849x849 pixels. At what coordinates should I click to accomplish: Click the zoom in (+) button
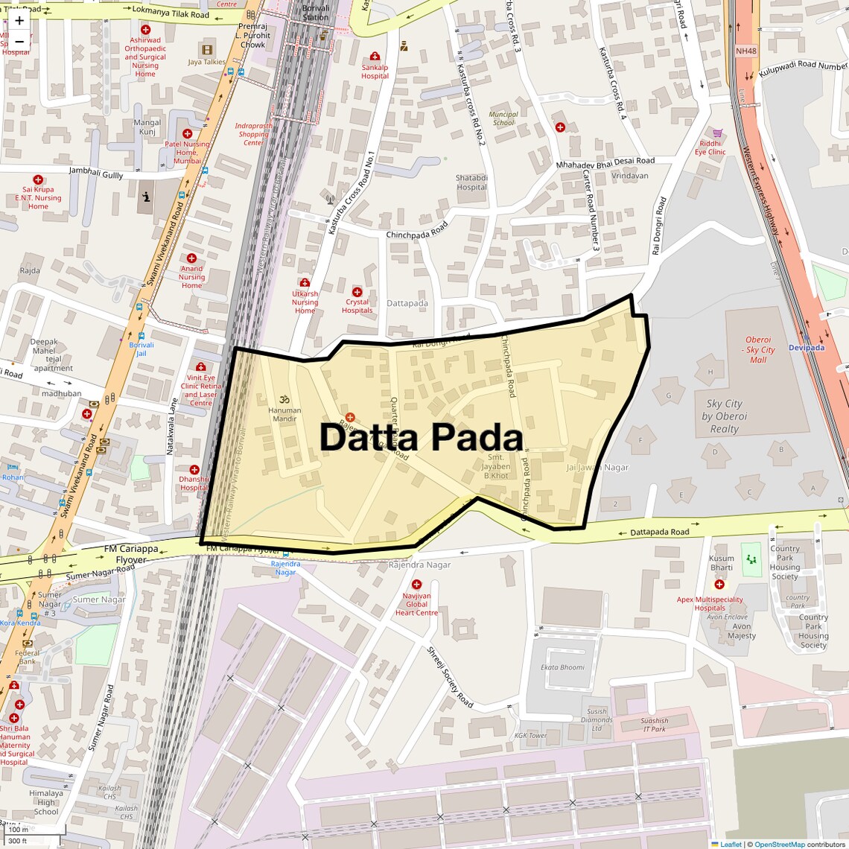click(19, 20)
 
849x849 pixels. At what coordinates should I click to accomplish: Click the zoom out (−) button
click(19, 41)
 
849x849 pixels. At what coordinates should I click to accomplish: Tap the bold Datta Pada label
click(421, 438)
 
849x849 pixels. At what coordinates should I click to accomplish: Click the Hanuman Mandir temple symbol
click(284, 399)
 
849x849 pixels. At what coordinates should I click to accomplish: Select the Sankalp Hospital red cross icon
click(375, 57)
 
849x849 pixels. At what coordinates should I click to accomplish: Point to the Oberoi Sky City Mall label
click(758, 350)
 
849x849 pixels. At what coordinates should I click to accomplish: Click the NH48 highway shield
click(745, 51)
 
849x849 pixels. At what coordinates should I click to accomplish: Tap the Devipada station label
click(807, 348)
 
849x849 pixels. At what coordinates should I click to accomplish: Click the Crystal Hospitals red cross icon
click(357, 292)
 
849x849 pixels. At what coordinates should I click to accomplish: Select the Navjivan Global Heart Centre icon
click(417, 585)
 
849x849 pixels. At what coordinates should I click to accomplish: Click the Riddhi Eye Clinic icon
click(718, 133)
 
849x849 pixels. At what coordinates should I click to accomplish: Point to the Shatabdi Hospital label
click(471, 182)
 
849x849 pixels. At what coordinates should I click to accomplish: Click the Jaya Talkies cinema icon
click(206, 50)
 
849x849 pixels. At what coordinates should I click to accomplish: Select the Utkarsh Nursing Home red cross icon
click(305, 283)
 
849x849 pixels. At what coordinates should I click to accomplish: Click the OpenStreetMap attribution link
click(780, 845)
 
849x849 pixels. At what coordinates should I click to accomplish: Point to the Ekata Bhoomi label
click(563, 667)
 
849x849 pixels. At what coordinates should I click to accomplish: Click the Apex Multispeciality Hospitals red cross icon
click(709, 585)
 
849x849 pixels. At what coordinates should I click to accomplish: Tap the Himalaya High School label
click(46, 802)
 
